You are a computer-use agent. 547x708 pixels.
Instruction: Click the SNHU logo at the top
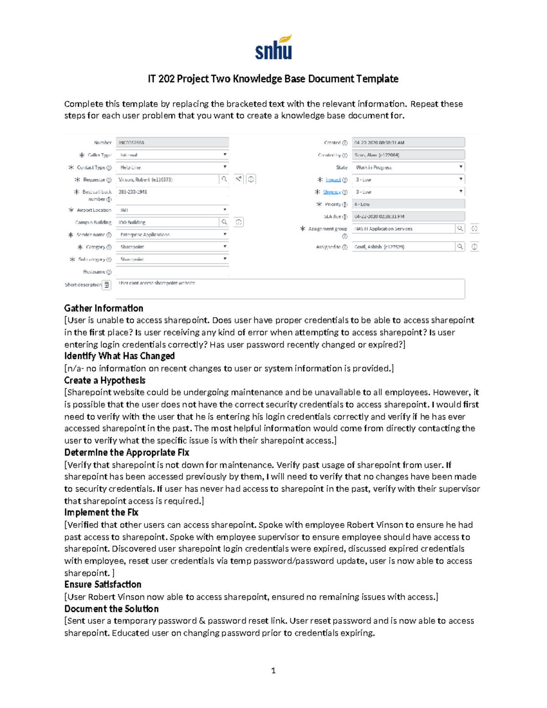tap(273, 48)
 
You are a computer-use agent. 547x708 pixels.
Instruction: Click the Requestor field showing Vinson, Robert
tap(167, 180)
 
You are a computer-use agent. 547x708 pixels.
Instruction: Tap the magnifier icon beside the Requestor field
tap(224, 179)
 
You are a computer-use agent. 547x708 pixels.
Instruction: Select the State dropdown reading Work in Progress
tap(408, 167)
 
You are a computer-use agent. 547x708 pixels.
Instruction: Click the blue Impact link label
tap(333, 180)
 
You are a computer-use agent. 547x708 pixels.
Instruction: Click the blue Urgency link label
tap(332, 192)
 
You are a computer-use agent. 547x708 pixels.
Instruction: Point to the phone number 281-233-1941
tap(133, 192)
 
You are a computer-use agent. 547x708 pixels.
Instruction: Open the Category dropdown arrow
tap(225, 246)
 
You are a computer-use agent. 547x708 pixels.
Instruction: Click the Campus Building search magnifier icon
tap(224, 222)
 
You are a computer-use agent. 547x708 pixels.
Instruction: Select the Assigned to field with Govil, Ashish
tap(403, 247)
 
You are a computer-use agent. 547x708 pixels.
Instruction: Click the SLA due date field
tap(408, 217)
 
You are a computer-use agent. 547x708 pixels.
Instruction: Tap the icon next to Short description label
tap(107, 285)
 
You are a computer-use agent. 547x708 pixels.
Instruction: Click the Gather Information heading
tap(103, 308)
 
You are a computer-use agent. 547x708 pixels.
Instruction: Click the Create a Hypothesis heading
tap(105, 380)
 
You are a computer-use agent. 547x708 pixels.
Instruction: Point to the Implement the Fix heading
tap(101, 512)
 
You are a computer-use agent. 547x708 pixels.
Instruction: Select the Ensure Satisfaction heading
tap(103, 584)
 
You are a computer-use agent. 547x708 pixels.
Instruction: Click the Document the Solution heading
tap(111, 609)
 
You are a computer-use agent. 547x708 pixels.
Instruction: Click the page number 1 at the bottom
tap(273, 670)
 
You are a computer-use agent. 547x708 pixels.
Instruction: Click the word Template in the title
tap(377, 79)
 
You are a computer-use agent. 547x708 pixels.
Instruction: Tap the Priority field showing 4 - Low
tap(408, 204)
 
